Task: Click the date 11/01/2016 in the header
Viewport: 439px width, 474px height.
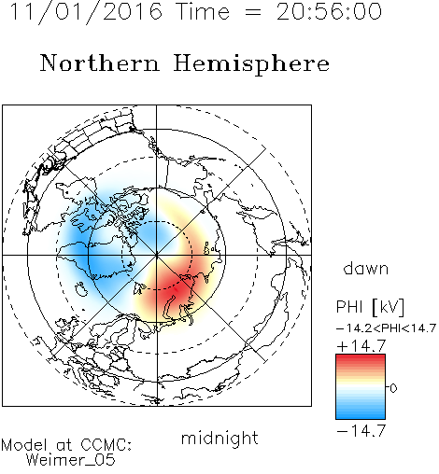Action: pos(86,12)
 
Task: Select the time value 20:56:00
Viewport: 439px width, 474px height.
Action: pos(329,11)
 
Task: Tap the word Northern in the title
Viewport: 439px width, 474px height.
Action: pos(100,63)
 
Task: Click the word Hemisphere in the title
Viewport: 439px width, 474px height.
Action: pos(251,64)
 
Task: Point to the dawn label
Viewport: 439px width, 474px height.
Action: pos(366,268)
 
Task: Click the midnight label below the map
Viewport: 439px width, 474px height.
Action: pos(219,439)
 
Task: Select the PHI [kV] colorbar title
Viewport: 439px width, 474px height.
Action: pos(371,307)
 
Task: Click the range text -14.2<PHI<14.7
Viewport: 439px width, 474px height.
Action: pos(386,328)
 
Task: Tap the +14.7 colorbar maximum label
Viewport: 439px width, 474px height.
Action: pos(361,346)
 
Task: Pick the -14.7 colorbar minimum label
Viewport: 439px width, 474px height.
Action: pos(361,431)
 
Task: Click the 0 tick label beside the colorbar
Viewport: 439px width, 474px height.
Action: pos(393,388)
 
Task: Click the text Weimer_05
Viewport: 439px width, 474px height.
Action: pos(71,460)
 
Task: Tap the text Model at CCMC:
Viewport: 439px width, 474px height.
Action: pos(66,445)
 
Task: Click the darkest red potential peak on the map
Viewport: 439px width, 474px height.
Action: pos(175,289)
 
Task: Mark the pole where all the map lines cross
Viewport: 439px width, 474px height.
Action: pos(157,256)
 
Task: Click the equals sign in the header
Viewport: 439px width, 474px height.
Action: pos(253,13)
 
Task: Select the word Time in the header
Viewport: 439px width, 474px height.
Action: pos(203,11)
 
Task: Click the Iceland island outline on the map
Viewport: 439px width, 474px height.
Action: pos(82,289)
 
